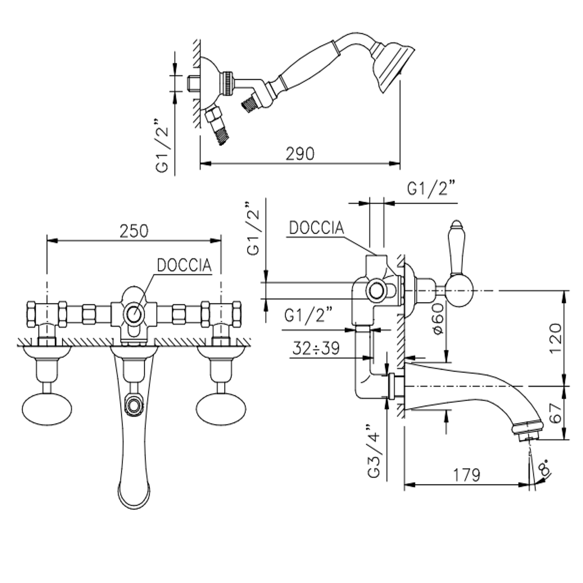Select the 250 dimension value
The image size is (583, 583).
134,231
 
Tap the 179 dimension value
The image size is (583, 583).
466,475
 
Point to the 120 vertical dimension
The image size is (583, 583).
555,338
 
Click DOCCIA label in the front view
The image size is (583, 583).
184,265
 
